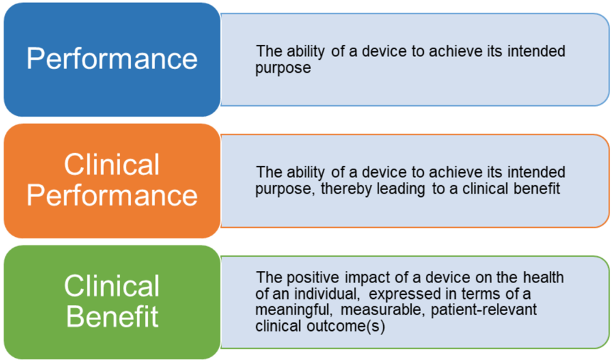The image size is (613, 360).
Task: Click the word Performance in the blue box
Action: pyautogui.click(x=112, y=58)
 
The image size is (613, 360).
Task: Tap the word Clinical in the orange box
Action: pyautogui.click(x=112, y=165)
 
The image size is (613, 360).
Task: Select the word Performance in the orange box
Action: pyautogui.click(x=112, y=195)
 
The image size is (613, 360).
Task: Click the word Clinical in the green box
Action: pyautogui.click(x=112, y=286)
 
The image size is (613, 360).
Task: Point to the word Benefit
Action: pyautogui.click(x=112, y=316)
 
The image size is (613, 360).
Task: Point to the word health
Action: pyautogui.click(x=544, y=277)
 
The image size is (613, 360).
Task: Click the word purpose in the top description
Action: pyautogui.click(x=283, y=68)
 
